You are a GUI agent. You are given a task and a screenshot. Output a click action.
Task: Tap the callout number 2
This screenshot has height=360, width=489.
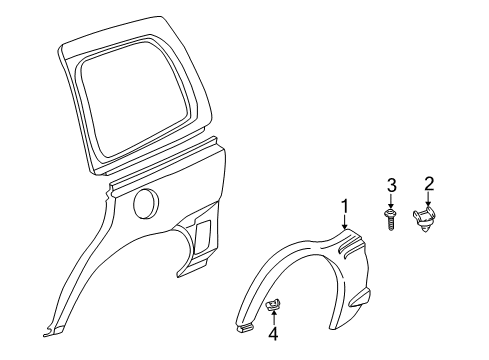point(428,183)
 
